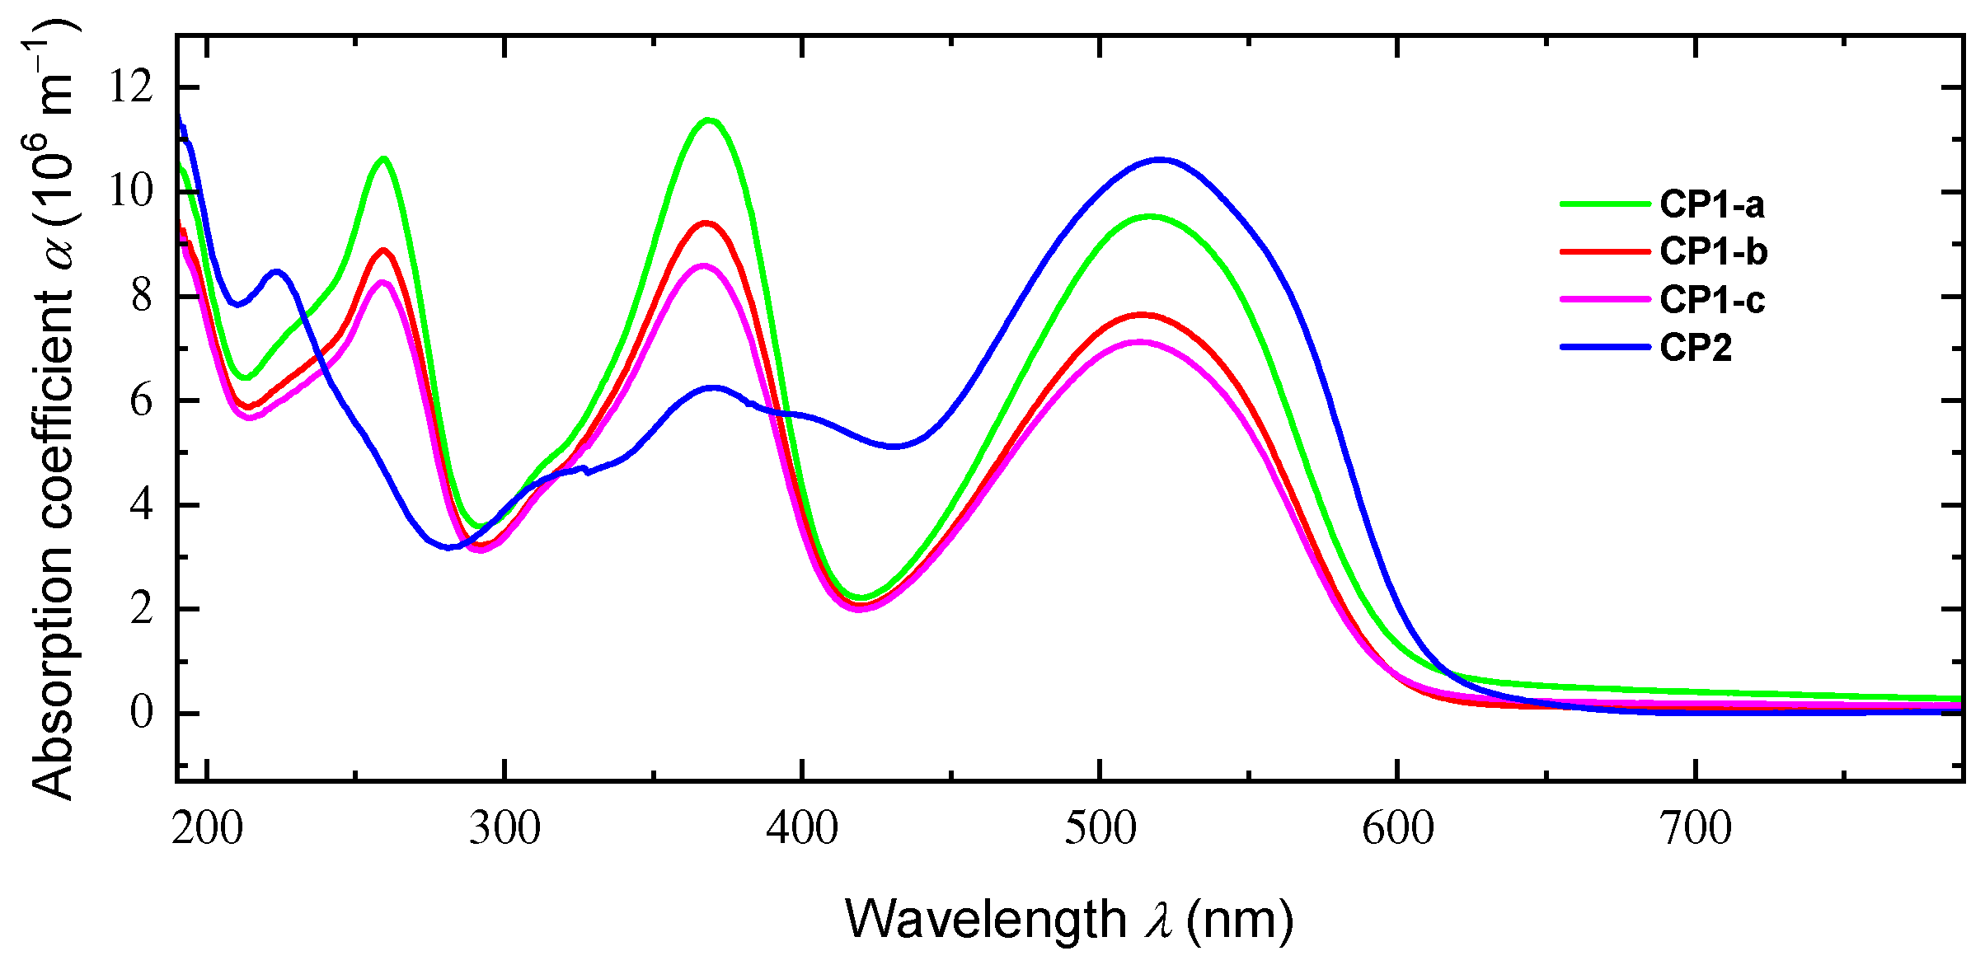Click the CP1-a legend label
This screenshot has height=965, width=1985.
click(x=1711, y=204)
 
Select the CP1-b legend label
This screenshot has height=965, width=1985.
click(x=1713, y=251)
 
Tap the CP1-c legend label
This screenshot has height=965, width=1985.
click(x=1712, y=299)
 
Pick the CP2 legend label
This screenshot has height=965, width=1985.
click(x=1695, y=347)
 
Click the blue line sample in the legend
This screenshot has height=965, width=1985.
click(x=1604, y=347)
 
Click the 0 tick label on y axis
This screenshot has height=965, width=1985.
click(x=141, y=713)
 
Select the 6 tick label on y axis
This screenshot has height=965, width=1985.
click(x=141, y=401)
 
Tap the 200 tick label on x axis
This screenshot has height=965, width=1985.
click(x=207, y=828)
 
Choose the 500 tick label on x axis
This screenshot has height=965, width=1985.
click(x=1100, y=828)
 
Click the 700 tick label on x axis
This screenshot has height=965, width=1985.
click(x=1695, y=828)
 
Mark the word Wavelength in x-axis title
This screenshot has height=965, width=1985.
click(x=985, y=919)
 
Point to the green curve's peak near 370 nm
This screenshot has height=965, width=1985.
click(x=708, y=120)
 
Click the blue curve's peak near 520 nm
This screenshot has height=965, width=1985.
click(x=1161, y=160)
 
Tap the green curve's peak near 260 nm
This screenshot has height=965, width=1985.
click(x=383, y=158)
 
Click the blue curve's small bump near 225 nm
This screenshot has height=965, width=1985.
click(x=277, y=271)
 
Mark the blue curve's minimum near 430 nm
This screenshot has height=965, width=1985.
click(x=895, y=447)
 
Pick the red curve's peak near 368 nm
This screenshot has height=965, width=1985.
click(x=706, y=223)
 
